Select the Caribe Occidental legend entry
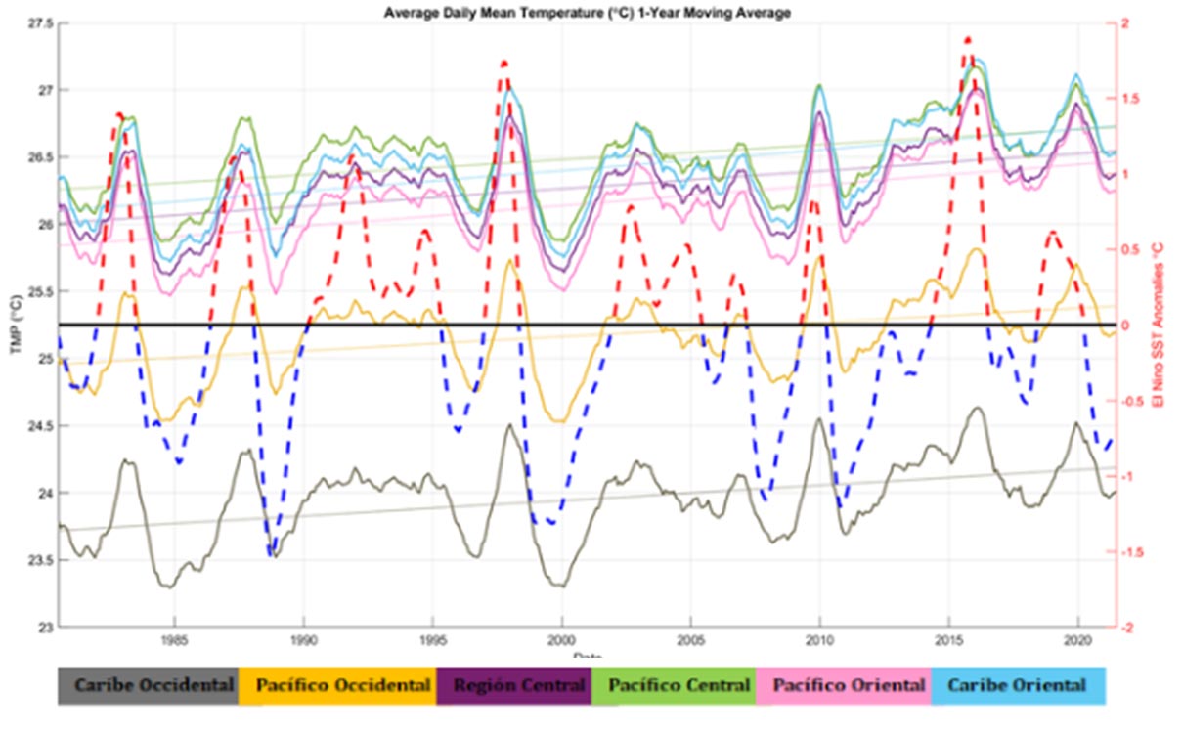tap(148, 685)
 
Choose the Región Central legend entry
tap(514, 685)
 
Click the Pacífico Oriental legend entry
tap(849, 685)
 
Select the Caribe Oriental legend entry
tap(1018, 685)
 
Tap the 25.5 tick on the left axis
tap(39, 291)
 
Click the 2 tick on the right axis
tap(1125, 23)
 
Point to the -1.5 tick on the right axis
tap(1130, 552)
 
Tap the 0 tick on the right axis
tap(1125, 326)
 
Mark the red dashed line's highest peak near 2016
tap(967, 39)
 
